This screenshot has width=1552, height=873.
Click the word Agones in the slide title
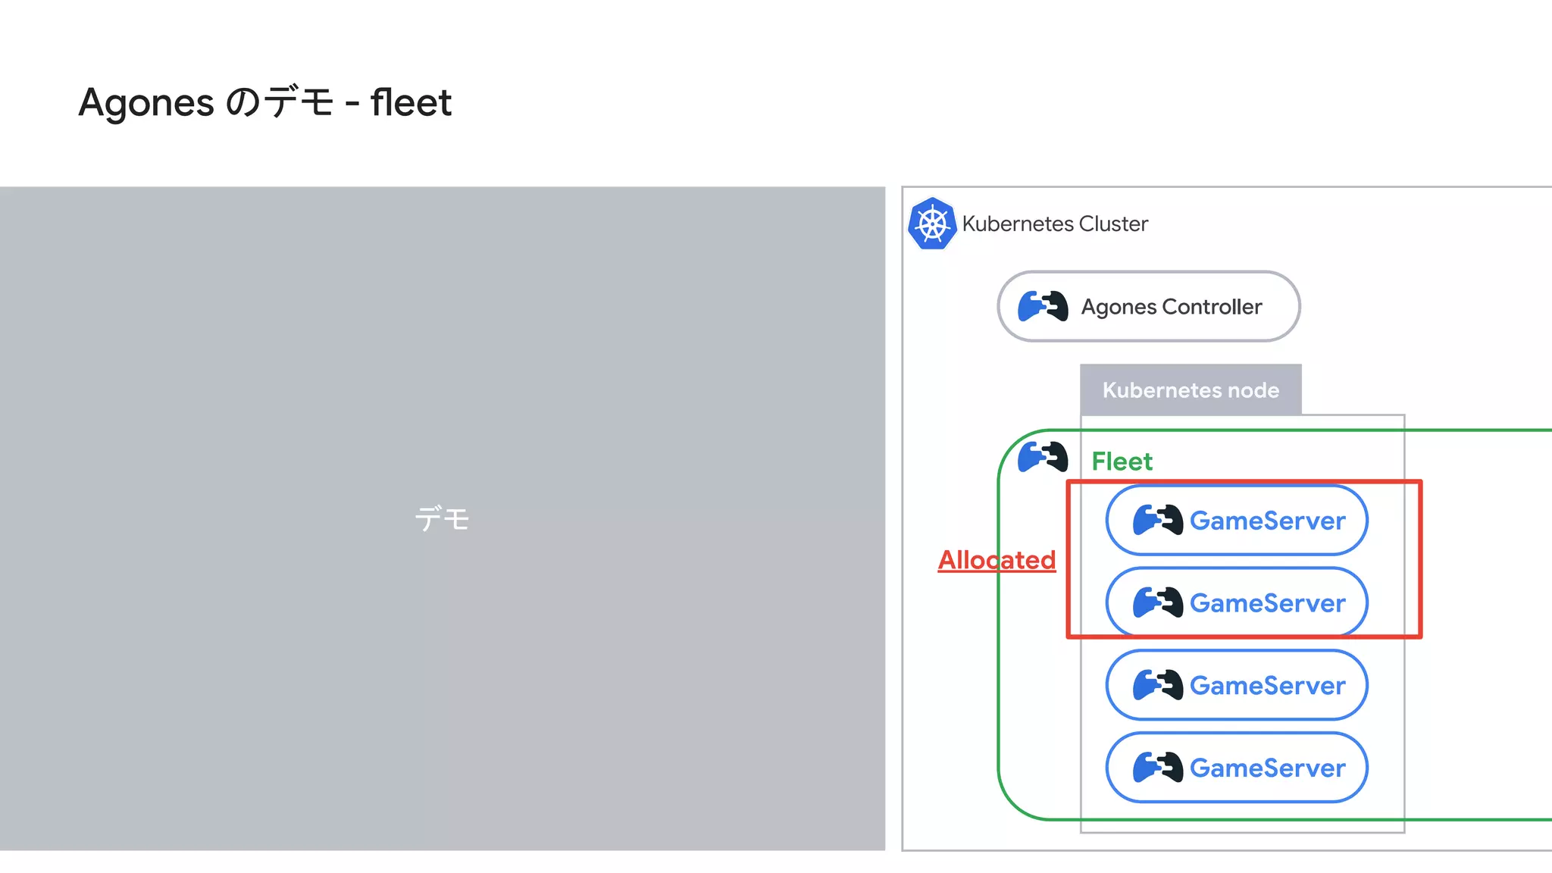[146, 102]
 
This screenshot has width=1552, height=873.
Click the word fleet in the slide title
[411, 102]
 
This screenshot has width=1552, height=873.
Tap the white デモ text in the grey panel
[442, 519]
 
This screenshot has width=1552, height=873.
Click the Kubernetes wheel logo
[932, 224]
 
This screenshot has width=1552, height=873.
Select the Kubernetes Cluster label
[1055, 224]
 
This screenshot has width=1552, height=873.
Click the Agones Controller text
[1172, 307]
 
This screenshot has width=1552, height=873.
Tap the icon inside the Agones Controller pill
[1043, 306]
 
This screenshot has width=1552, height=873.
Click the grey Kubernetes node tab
[1191, 390]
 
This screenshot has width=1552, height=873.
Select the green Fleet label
[1122, 462]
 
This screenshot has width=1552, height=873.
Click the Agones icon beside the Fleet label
[1043, 457]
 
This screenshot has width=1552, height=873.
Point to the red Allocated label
[997, 560]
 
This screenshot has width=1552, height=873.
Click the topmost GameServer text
[1267, 521]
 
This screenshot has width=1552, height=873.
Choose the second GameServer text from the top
[1267, 603]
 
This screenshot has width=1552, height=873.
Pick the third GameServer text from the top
[1267, 686]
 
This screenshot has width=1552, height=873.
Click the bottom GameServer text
[1267, 768]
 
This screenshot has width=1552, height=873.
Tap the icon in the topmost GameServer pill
[1157, 520]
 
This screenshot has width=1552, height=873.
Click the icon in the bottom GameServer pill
[1157, 767]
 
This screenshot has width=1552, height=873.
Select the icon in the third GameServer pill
[1157, 685]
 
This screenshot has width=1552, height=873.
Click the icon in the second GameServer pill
[1157, 602]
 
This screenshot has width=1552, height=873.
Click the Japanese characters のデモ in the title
[280, 102]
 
